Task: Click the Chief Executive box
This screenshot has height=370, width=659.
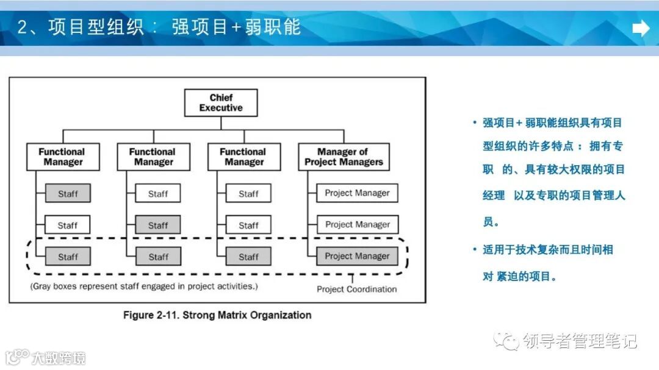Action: [221, 102]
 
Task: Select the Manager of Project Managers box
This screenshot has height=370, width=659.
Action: [344, 157]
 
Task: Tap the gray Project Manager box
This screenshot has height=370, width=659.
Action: [357, 257]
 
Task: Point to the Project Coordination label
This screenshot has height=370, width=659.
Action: [356, 290]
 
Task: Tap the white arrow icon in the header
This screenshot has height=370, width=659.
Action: [641, 28]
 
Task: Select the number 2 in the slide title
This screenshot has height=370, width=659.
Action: [23, 28]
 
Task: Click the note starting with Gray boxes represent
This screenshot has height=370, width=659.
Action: [144, 286]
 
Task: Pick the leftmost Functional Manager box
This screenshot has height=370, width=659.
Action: [62, 157]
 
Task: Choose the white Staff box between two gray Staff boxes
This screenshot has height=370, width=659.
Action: [68, 225]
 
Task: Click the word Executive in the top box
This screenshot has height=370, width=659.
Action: [221, 108]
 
